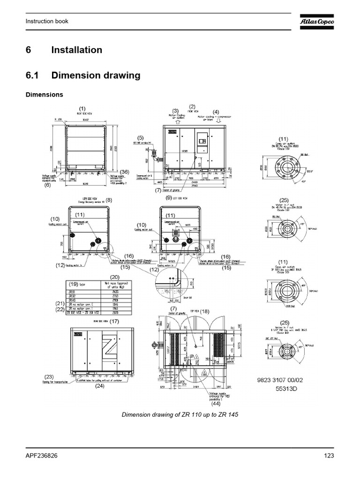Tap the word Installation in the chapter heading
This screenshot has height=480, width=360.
tap(76, 50)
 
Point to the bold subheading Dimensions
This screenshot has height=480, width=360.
tap(44, 94)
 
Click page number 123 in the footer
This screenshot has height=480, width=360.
tap(328, 456)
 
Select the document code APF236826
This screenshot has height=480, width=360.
tap(42, 456)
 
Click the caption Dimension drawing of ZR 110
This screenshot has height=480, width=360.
tap(177, 415)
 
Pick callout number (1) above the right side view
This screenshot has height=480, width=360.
tap(82, 108)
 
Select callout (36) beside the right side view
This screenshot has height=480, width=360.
tap(124, 172)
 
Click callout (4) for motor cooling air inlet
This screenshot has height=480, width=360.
tap(216, 112)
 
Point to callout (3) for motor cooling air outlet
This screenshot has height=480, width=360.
tap(176, 111)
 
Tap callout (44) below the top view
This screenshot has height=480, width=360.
tap(216, 403)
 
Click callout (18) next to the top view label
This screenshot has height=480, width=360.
tap(206, 311)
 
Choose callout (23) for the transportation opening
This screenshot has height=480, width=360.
tap(49, 376)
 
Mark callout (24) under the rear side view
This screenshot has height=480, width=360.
tap(100, 387)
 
